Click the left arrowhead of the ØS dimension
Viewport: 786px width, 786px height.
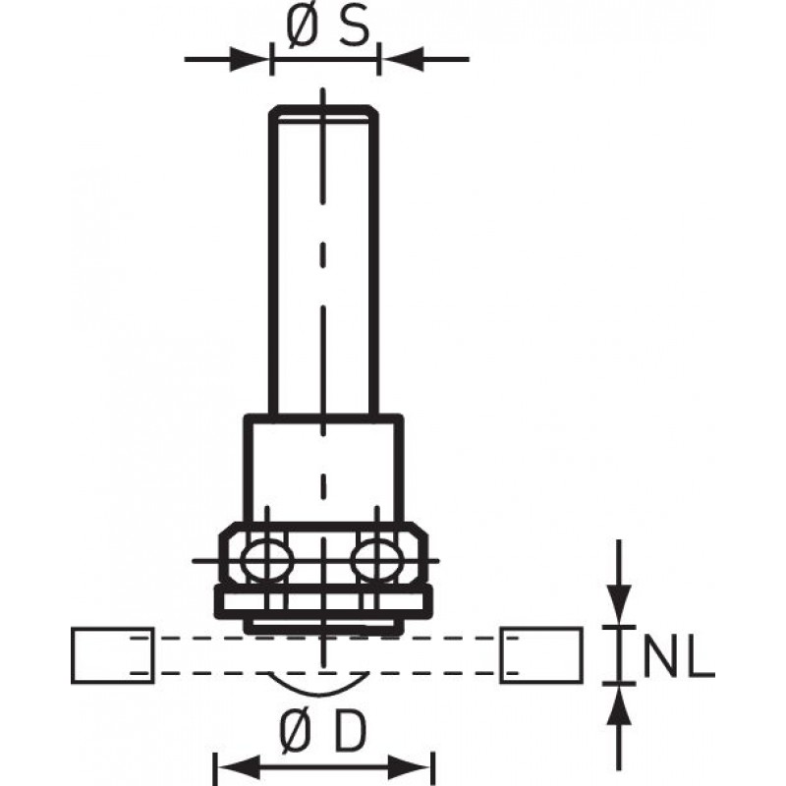250,59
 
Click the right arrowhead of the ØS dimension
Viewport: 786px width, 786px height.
402,59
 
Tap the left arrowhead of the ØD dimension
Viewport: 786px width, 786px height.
238,767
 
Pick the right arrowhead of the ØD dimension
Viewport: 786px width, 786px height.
410,767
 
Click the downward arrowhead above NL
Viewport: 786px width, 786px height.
619,605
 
